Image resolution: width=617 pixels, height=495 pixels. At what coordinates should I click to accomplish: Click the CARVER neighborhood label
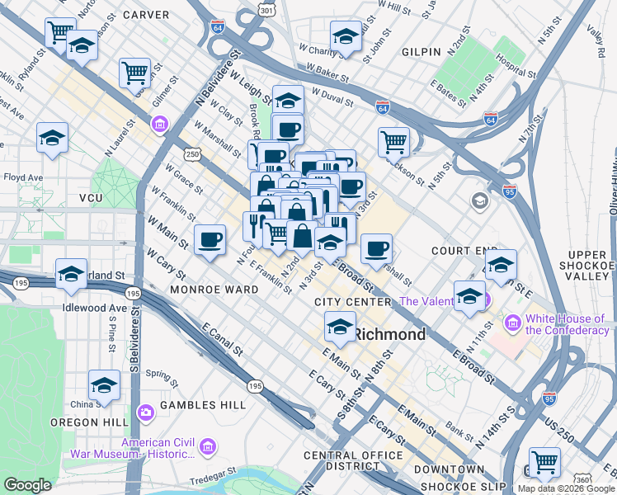pyautogui.click(x=145, y=15)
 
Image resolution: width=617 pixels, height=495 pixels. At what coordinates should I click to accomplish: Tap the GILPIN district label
pyautogui.click(x=422, y=52)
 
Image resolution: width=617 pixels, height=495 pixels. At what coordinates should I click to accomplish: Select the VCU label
pyautogui.click(x=91, y=199)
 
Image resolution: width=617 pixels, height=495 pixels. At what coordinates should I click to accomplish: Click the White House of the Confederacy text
pyautogui.click(x=565, y=324)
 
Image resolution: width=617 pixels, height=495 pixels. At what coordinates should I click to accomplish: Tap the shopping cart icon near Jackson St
pyautogui.click(x=394, y=141)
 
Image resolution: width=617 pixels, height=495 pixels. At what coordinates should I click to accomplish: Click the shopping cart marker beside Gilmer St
pyautogui.click(x=134, y=72)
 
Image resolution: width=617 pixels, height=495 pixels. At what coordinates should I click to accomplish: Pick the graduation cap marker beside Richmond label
pyautogui.click(x=340, y=327)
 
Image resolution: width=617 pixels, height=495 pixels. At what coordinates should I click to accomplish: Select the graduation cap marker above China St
pyautogui.click(x=104, y=385)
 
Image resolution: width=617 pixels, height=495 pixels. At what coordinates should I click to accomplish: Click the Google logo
pyautogui.click(x=27, y=484)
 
